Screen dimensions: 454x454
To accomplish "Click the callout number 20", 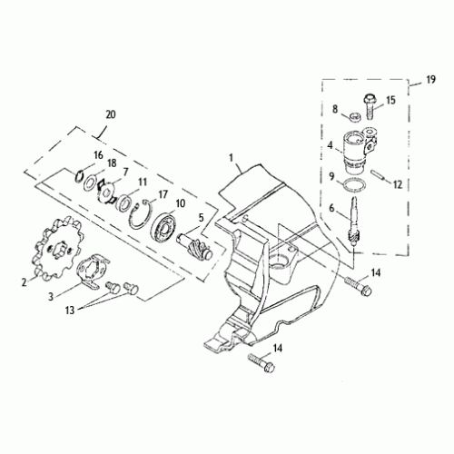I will click(x=111, y=114).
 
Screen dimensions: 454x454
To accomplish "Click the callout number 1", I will click(x=232, y=156).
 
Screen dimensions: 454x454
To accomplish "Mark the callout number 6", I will click(x=332, y=207).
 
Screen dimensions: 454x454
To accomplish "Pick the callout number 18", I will click(x=111, y=164).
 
